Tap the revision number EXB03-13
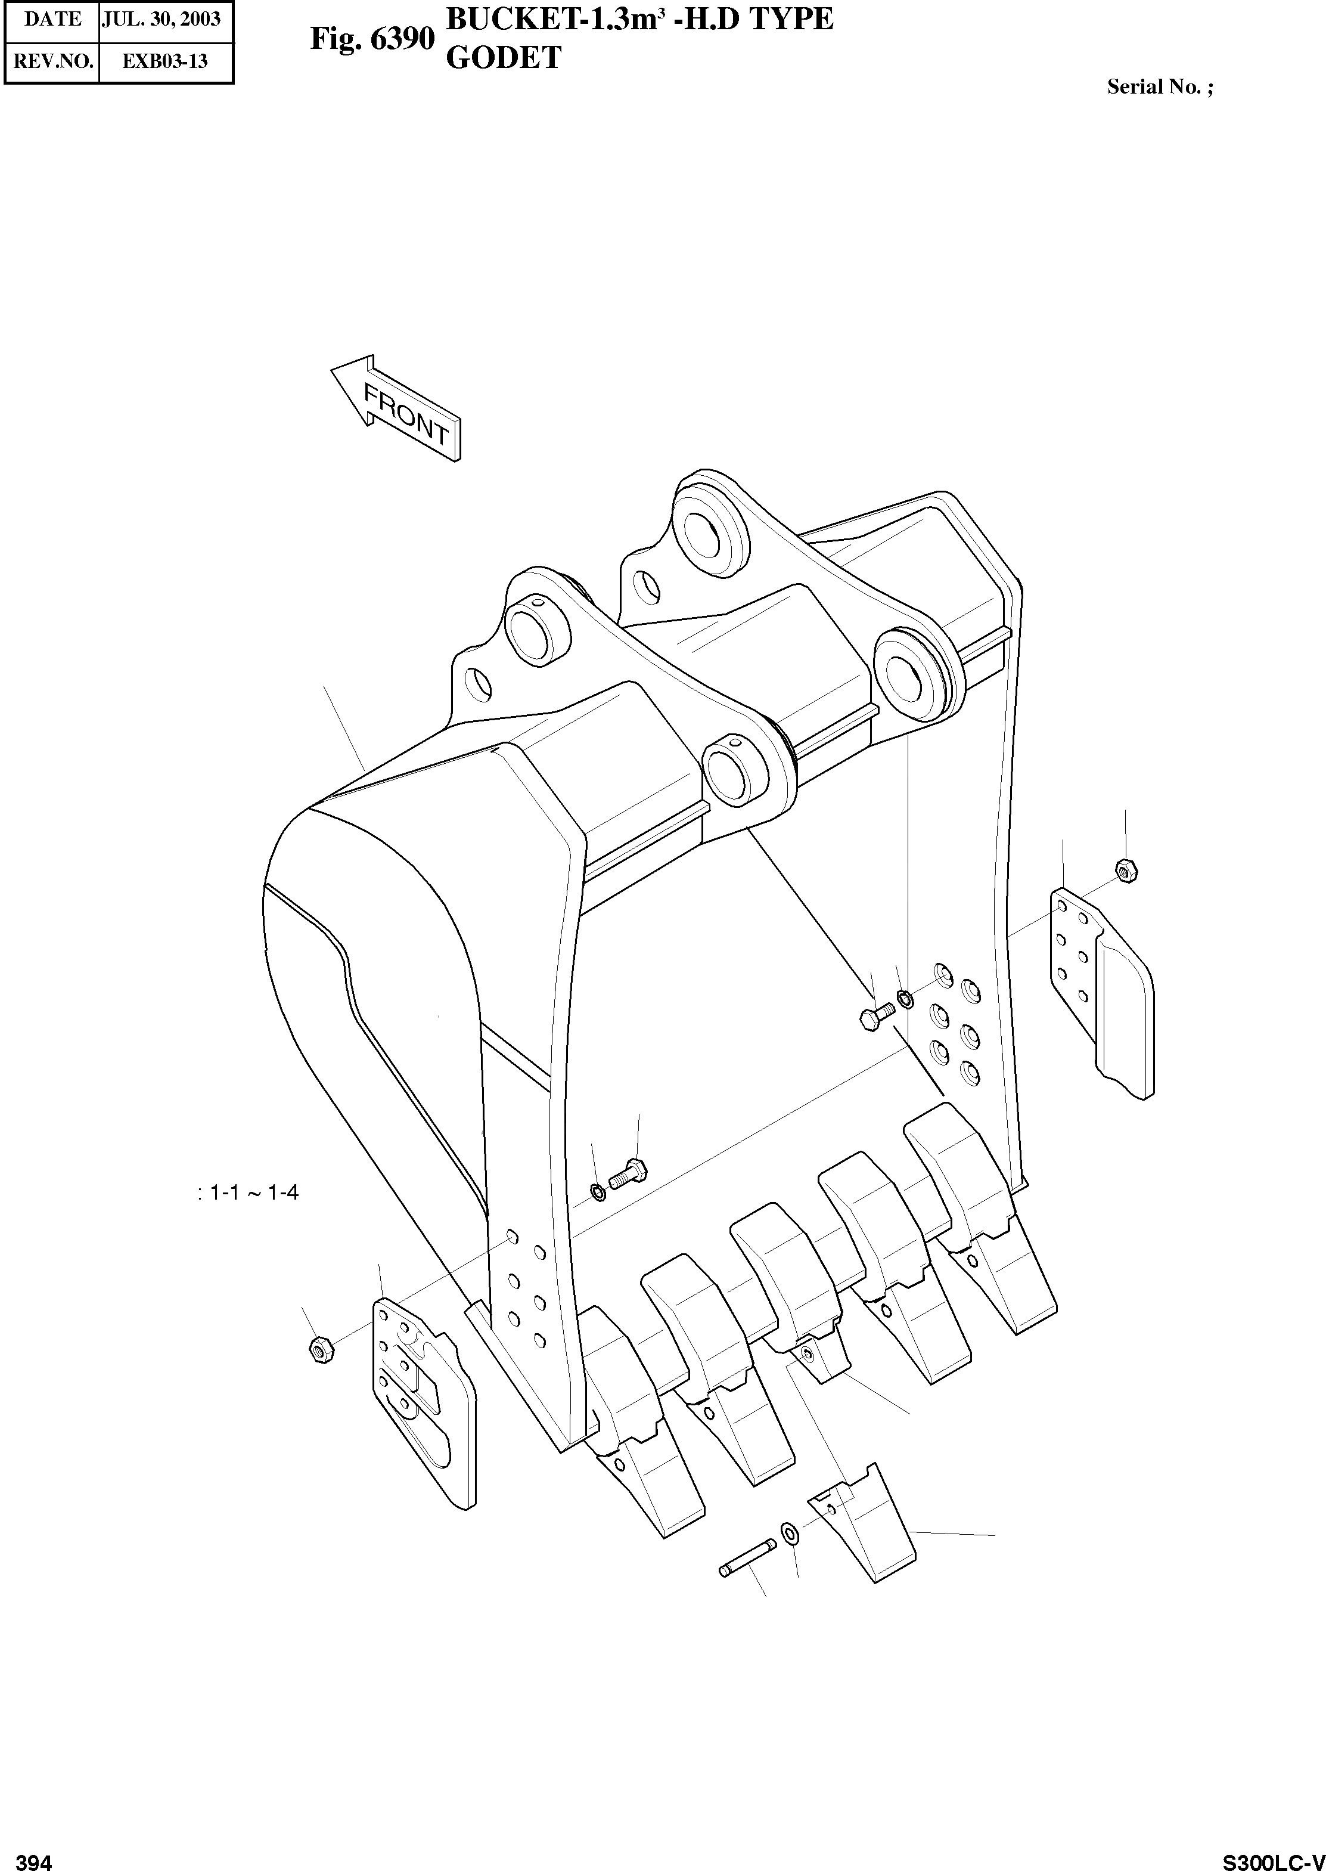click(x=165, y=61)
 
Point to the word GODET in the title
click(x=503, y=58)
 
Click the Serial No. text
click(x=1159, y=88)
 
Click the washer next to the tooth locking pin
click(x=790, y=1534)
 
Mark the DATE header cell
click(x=52, y=19)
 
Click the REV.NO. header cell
click(x=52, y=61)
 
